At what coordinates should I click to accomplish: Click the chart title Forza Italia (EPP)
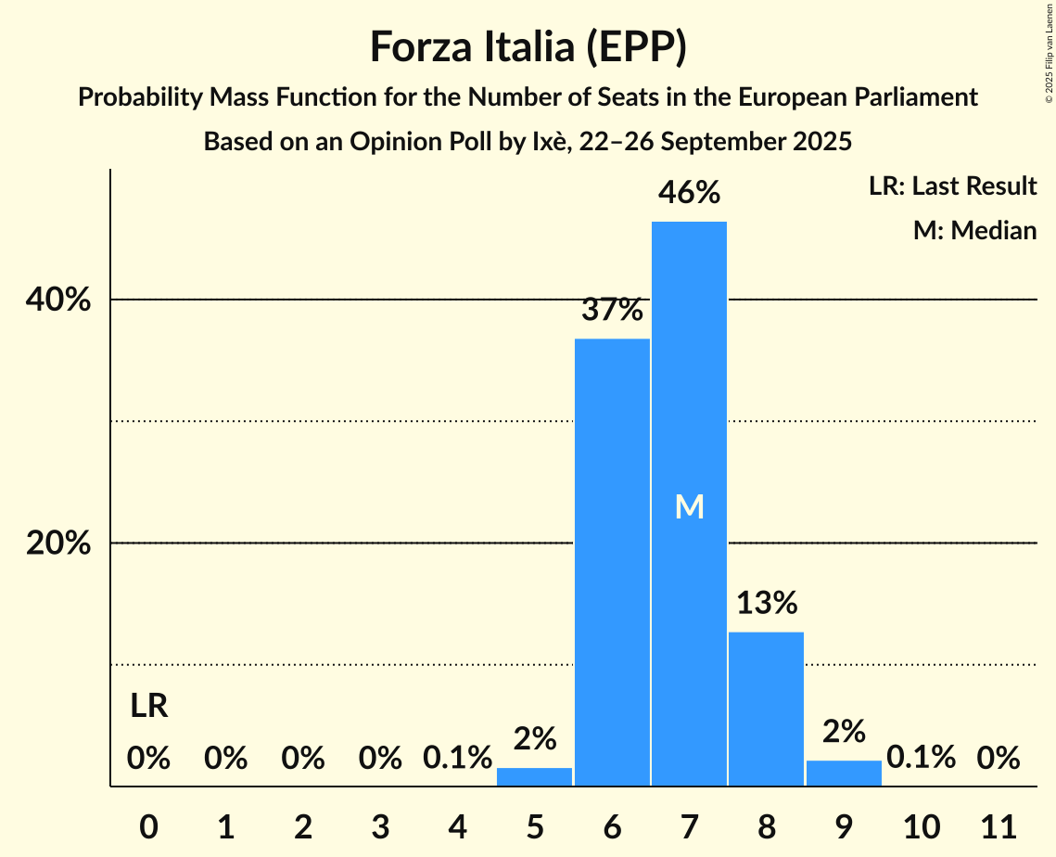[x=528, y=46]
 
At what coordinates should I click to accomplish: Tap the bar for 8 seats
[x=766, y=709]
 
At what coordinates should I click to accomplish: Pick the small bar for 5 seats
[x=535, y=777]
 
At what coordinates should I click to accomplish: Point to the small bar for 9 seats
[x=844, y=774]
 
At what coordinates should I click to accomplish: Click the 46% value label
[x=689, y=193]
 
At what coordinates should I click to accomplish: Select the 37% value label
[x=612, y=310]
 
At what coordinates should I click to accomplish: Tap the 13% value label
[x=767, y=603]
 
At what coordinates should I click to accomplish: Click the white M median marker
[x=689, y=506]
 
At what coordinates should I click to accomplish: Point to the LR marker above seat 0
[x=148, y=707]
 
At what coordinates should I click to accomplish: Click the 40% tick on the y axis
[x=58, y=301]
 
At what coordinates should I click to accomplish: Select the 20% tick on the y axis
[x=58, y=544]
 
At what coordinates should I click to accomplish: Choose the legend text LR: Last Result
[x=952, y=186]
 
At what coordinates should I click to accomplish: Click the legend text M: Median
[x=974, y=230]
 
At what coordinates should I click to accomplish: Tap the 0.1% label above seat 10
[x=921, y=758]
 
